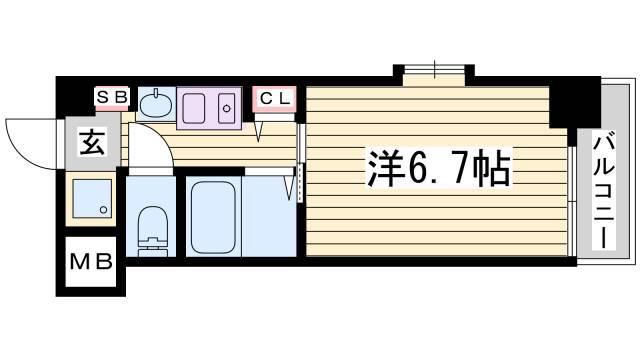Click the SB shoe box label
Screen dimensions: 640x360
[x=112, y=98]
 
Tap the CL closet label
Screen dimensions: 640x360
[x=274, y=98]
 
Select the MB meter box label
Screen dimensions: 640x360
[x=91, y=262]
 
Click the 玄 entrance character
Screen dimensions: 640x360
[x=93, y=143]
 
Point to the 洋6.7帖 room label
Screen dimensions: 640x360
[x=439, y=168]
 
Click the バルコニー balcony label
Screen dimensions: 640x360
[x=604, y=192]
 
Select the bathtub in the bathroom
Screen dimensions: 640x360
[x=213, y=217]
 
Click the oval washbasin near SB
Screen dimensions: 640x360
[x=156, y=104]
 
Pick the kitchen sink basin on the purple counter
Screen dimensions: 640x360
[x=193, y=108]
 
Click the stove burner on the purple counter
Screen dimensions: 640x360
[x=227, y=108]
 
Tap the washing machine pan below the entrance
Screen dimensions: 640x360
[x=92, y=198]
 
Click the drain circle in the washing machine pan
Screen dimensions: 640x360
[x=104, y=210]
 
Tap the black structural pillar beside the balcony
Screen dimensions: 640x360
[x=575, y=102]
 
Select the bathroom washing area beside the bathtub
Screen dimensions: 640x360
[x=269, y=216]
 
